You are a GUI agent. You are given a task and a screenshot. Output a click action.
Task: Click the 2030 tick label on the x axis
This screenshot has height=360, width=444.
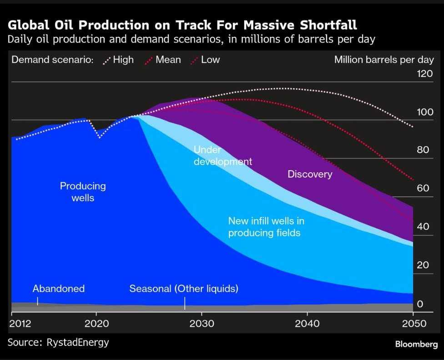pyautogui.click(x=201, y=324)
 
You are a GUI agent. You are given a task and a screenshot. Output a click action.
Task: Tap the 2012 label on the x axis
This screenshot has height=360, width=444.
pyautogui.click(x=20, y=324)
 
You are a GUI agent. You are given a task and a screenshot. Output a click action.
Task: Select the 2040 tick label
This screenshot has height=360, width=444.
pyautogui.click(x=307, y=324)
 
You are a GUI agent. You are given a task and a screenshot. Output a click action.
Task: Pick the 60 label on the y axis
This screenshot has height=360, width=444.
pyautogui.click(x=423, y=188)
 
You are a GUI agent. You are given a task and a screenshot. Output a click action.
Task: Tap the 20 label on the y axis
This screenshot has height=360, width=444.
pyautogui.click(x=423, y=265)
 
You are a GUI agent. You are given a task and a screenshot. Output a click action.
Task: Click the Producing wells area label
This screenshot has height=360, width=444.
pyautogui.click(x=83, y=191)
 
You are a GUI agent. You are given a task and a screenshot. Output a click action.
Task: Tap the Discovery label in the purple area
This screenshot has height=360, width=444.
pyautogui.click(x=310, y=174)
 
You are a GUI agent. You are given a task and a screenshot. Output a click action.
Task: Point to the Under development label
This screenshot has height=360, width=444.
pyautogui.click(x=222, y=155)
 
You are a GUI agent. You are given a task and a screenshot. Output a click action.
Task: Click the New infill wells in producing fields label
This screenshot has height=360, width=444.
pyautogui.click(x=266, y=227)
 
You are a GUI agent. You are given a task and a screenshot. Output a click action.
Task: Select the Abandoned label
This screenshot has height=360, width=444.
pyautogui.click(x=59, y=288)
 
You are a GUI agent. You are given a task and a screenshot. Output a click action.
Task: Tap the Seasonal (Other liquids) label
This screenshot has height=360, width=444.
pyautogui.click(x=184, y=288)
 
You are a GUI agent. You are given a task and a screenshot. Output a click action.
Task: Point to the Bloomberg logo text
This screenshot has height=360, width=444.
pyautogui.click(x=416, y=344)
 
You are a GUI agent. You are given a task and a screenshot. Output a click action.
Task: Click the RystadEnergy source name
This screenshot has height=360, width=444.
pyautogui.click(x=78, y=342)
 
